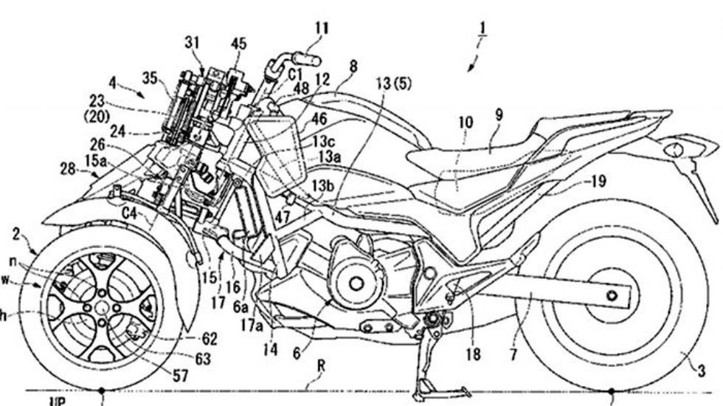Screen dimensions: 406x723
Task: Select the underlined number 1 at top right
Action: point(482,32)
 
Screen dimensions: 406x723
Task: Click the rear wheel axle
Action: point(611,296)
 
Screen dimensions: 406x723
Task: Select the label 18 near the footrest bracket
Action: point(473,354)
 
